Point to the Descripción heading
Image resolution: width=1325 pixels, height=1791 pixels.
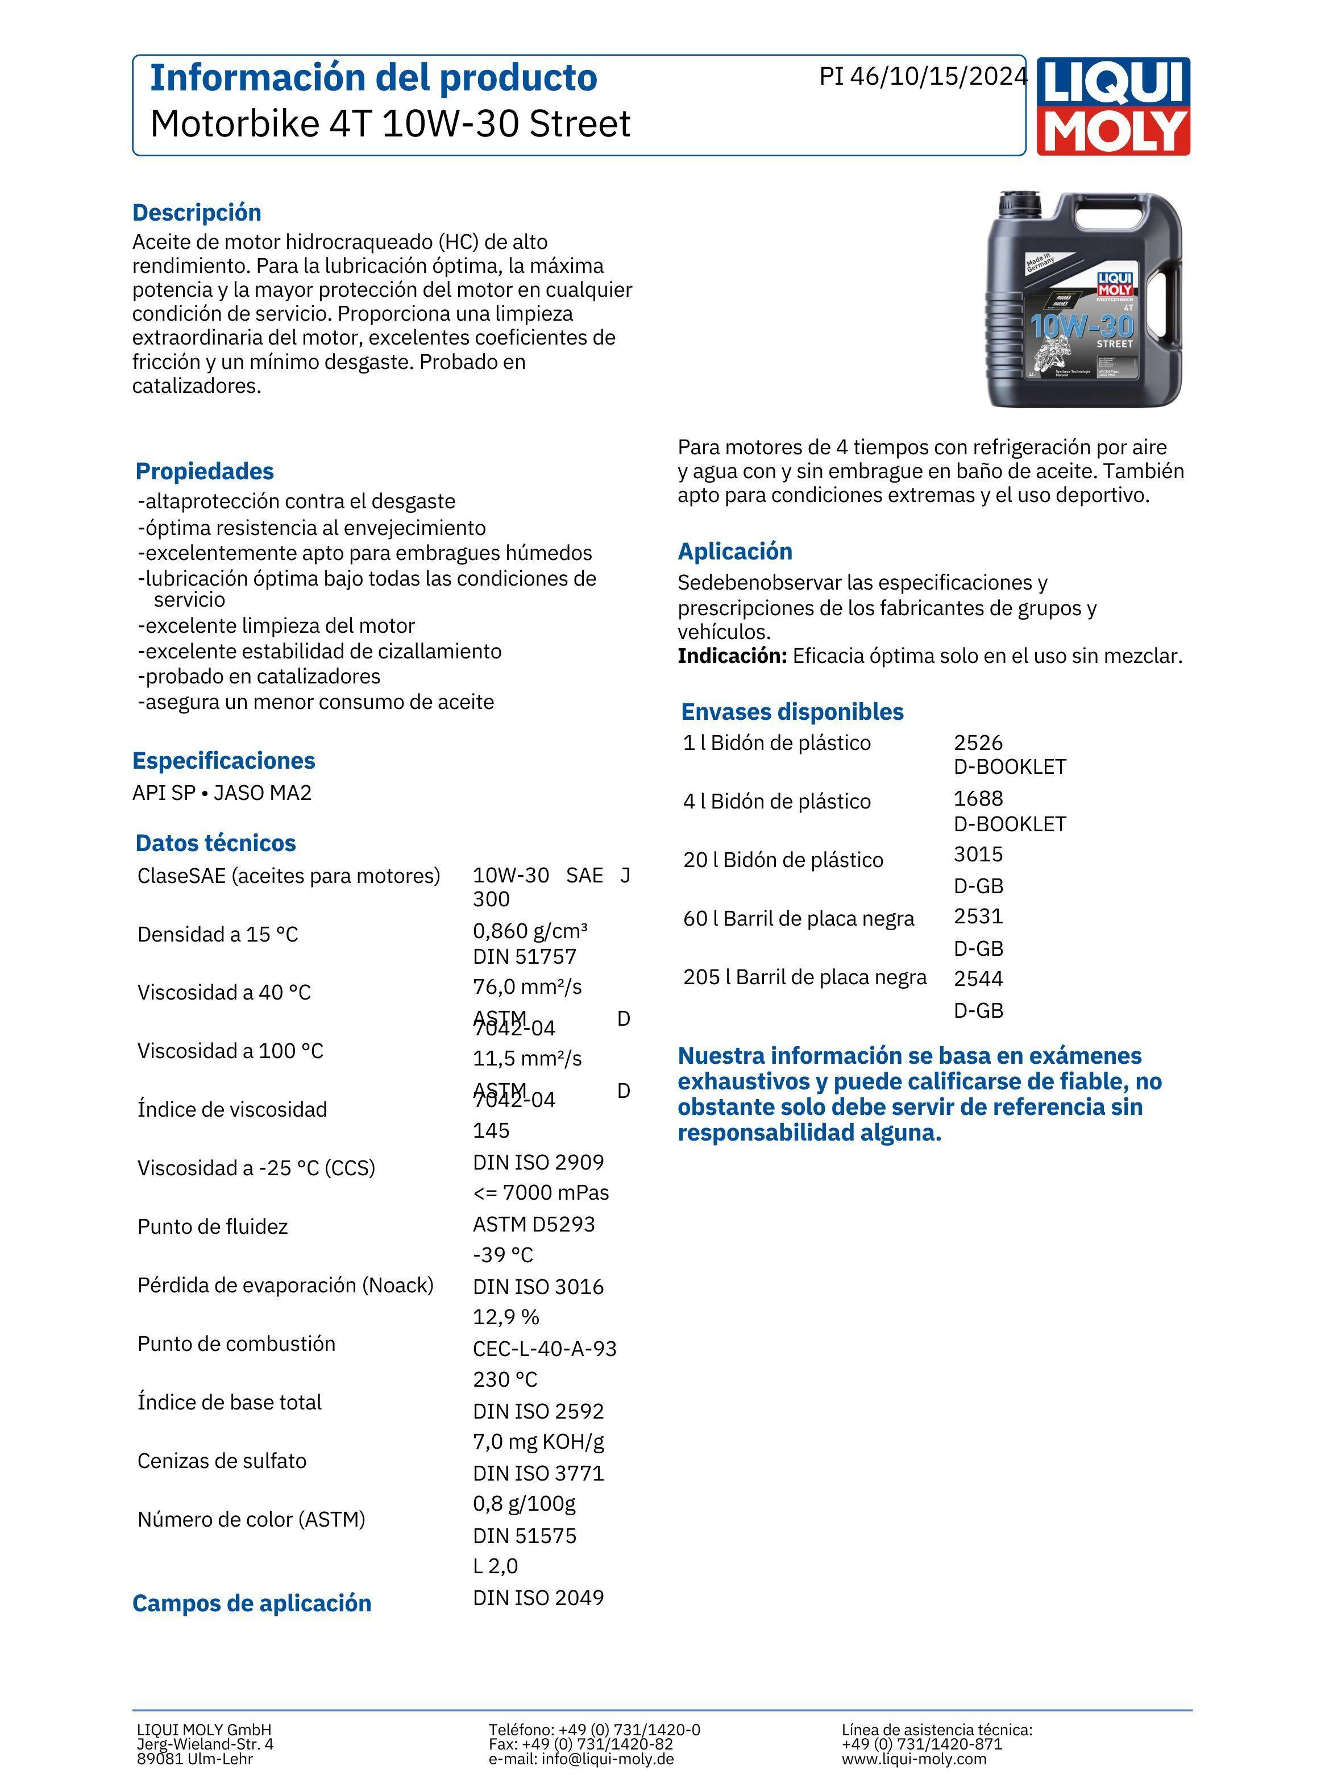click(x=197, y=213)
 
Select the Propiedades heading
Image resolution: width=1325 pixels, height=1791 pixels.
click(x=205, y=471)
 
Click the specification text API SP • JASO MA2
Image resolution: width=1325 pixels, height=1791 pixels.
click(x=222, y=793)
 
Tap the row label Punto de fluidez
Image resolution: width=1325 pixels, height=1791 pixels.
click(x=213, y=1226)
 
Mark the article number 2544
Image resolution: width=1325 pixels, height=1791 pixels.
click(x=978, y=979)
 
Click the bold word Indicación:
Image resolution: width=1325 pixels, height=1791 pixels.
click(x=732, y=656)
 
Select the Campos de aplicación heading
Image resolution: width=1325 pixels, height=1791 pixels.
click(x=252, y=1603)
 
